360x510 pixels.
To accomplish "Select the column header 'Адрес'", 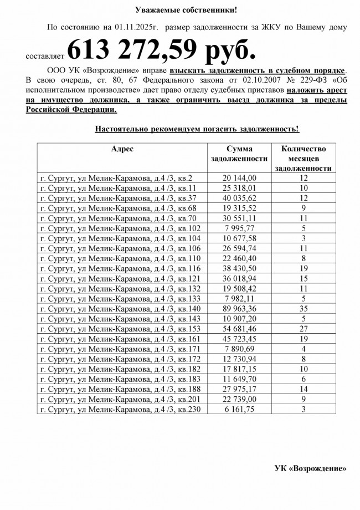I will (122, 149).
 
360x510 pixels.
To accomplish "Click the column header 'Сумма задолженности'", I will (239, 154).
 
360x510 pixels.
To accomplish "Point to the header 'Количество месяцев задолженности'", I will (303, 159).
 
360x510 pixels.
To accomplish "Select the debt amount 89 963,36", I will (239, 308).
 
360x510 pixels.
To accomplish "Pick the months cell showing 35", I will (303, 308).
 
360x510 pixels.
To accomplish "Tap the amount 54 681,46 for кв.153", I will (239, 328).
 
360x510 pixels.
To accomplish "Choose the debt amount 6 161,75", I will (239, 409).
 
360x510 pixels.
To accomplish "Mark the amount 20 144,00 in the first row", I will (239, 178).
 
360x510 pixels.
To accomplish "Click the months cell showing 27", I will (303, 328).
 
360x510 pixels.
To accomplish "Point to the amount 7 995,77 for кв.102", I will (239, 228).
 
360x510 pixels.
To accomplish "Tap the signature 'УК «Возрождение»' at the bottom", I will (310, 468).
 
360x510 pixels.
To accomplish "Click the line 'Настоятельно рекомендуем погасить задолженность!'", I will (197, 129).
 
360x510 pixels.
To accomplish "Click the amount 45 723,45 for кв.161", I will (239, 338).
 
